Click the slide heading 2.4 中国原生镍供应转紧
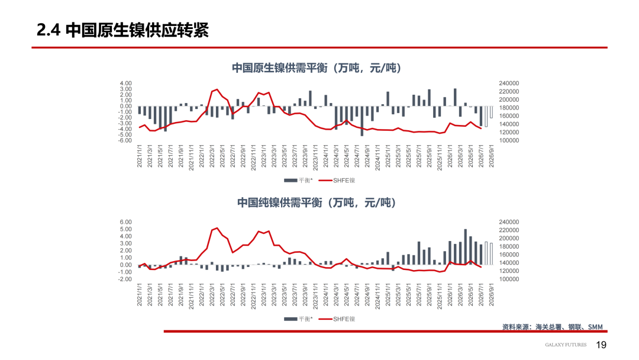(122, 30)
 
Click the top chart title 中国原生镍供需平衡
(279, 67)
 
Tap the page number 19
(601, 345)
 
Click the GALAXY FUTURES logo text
(566, 345)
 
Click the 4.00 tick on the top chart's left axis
(125, 83)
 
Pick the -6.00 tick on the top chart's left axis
(125, 140)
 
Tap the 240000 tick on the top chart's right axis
(509, 83)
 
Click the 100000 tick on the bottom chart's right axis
(509, 279)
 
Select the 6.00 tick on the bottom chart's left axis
(125, 222)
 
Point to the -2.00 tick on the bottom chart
(125, 279)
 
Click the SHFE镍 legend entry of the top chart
(337, 180)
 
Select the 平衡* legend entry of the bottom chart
(298, 319)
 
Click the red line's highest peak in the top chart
(217, 89)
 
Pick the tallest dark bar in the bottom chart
(466, 247)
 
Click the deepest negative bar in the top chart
(362, 121)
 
